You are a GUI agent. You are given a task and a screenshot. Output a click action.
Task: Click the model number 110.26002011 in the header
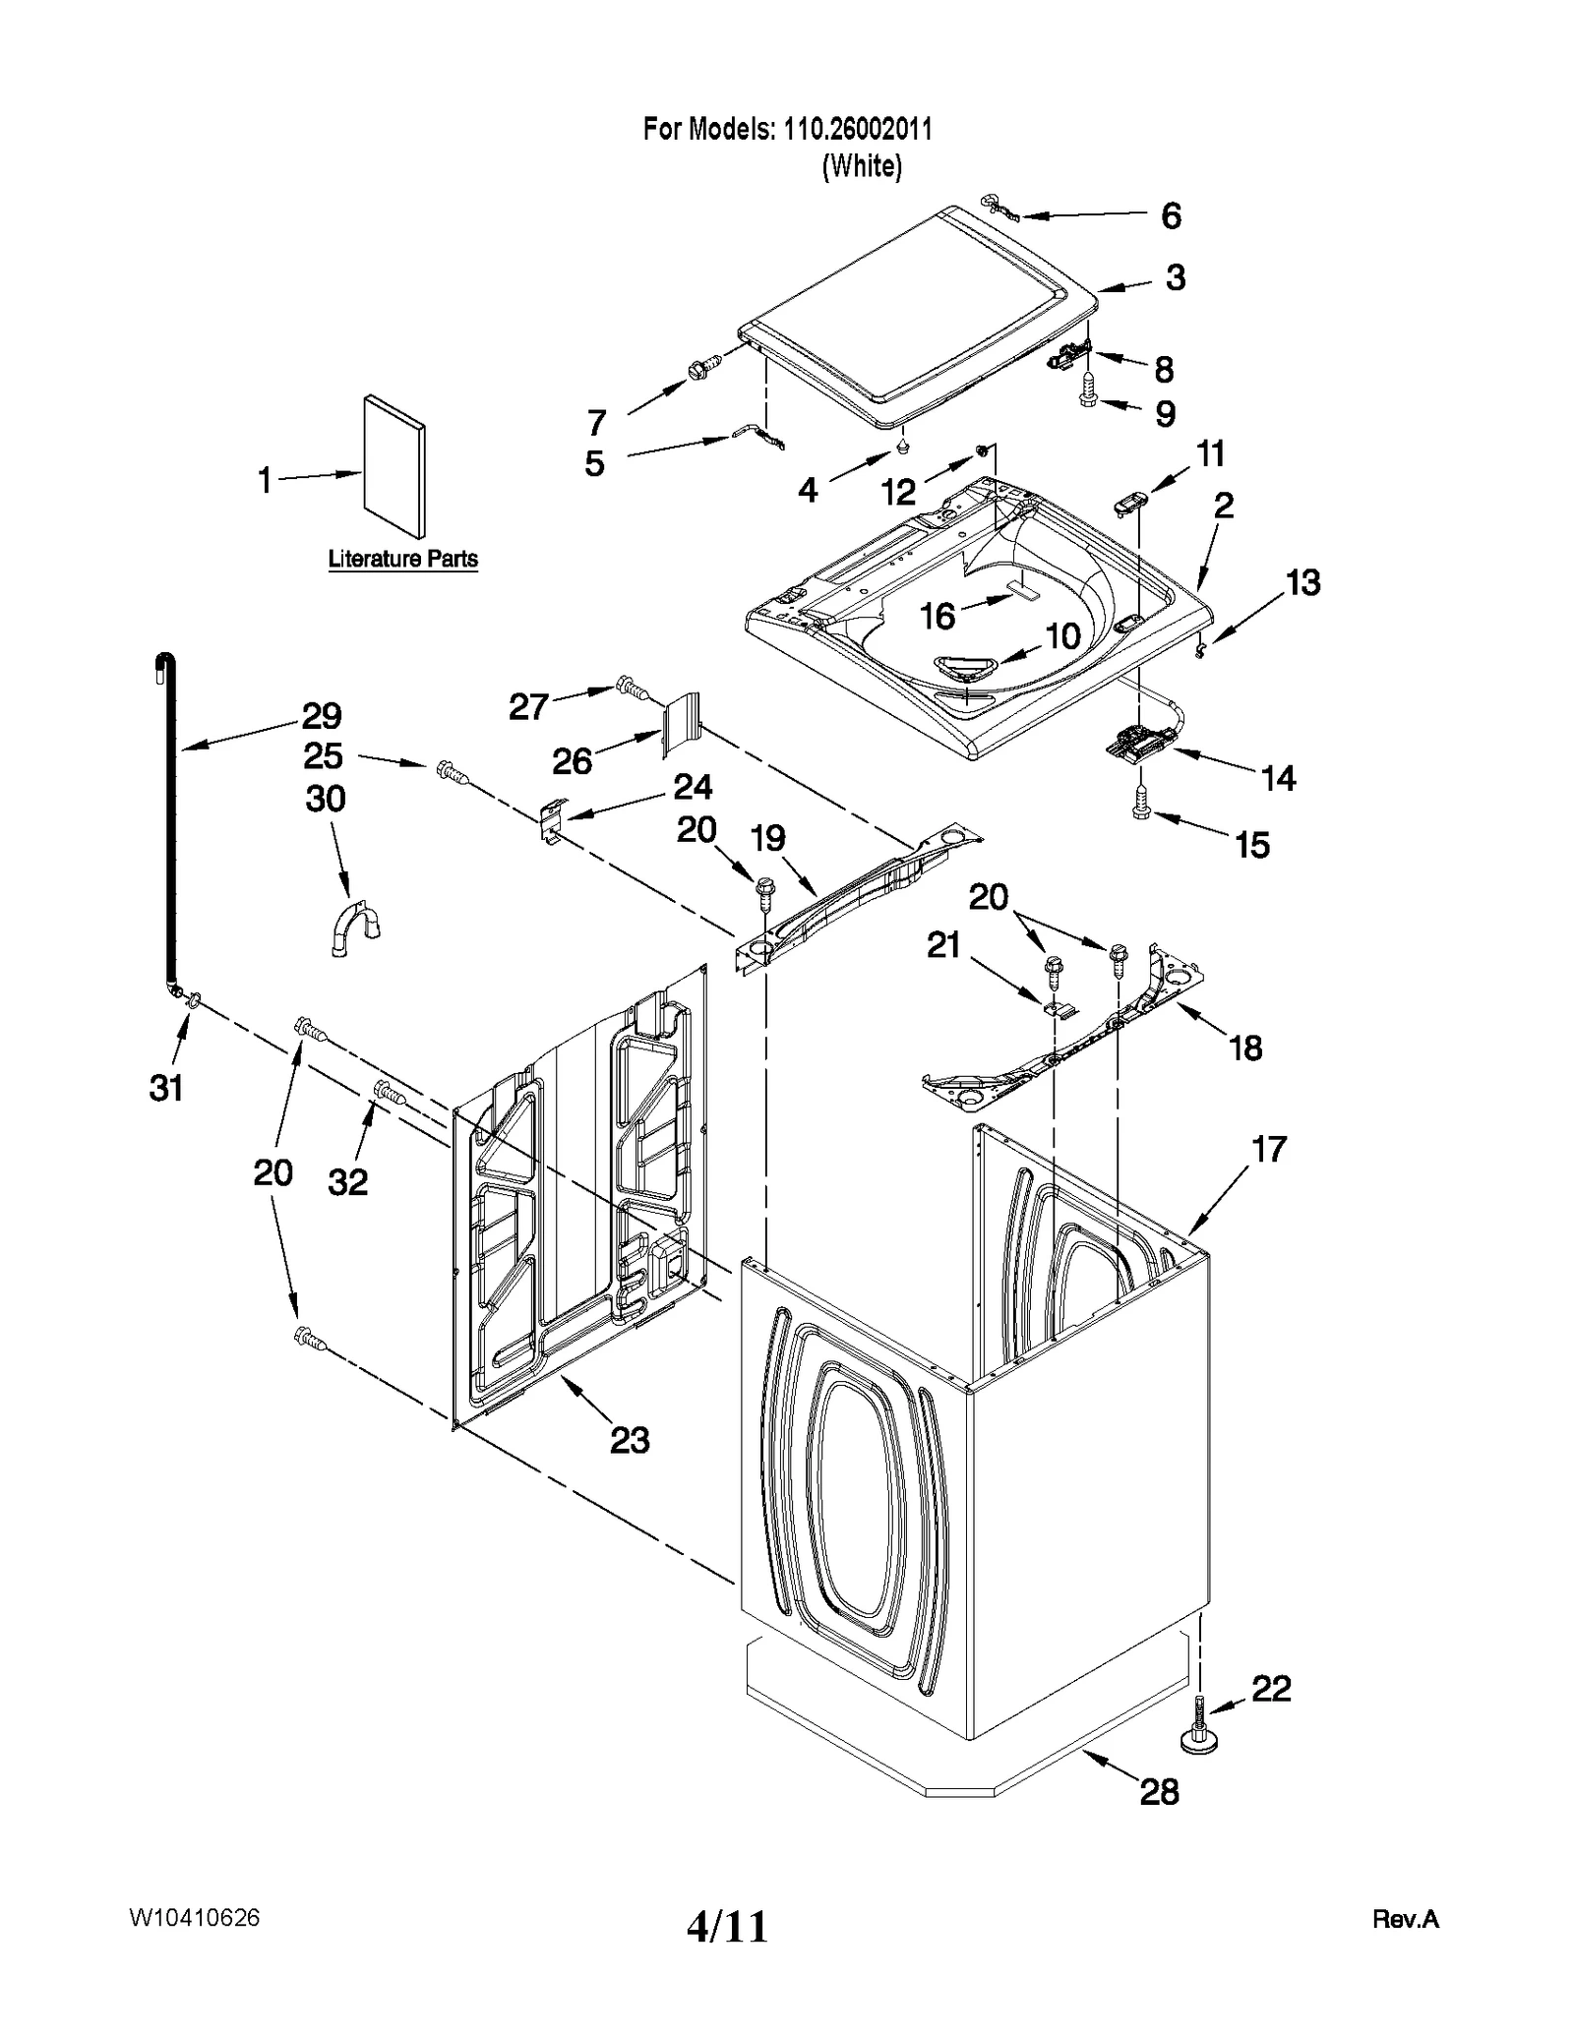[857, 129]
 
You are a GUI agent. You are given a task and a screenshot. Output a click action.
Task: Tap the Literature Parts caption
[402, 559]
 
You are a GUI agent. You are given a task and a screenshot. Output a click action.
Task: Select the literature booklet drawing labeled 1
[394, 467]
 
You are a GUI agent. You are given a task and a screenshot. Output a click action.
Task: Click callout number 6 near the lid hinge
[1171, 215]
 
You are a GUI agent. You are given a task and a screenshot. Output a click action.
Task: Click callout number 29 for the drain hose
[321, 715]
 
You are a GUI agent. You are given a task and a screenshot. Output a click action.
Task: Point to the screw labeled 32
[388, 1092]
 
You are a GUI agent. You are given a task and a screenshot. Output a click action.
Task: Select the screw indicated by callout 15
[1141, 804]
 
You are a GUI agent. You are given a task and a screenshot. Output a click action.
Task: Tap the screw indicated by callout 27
[631, 687]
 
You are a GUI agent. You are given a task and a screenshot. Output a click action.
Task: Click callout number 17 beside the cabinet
[1269, 1149]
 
